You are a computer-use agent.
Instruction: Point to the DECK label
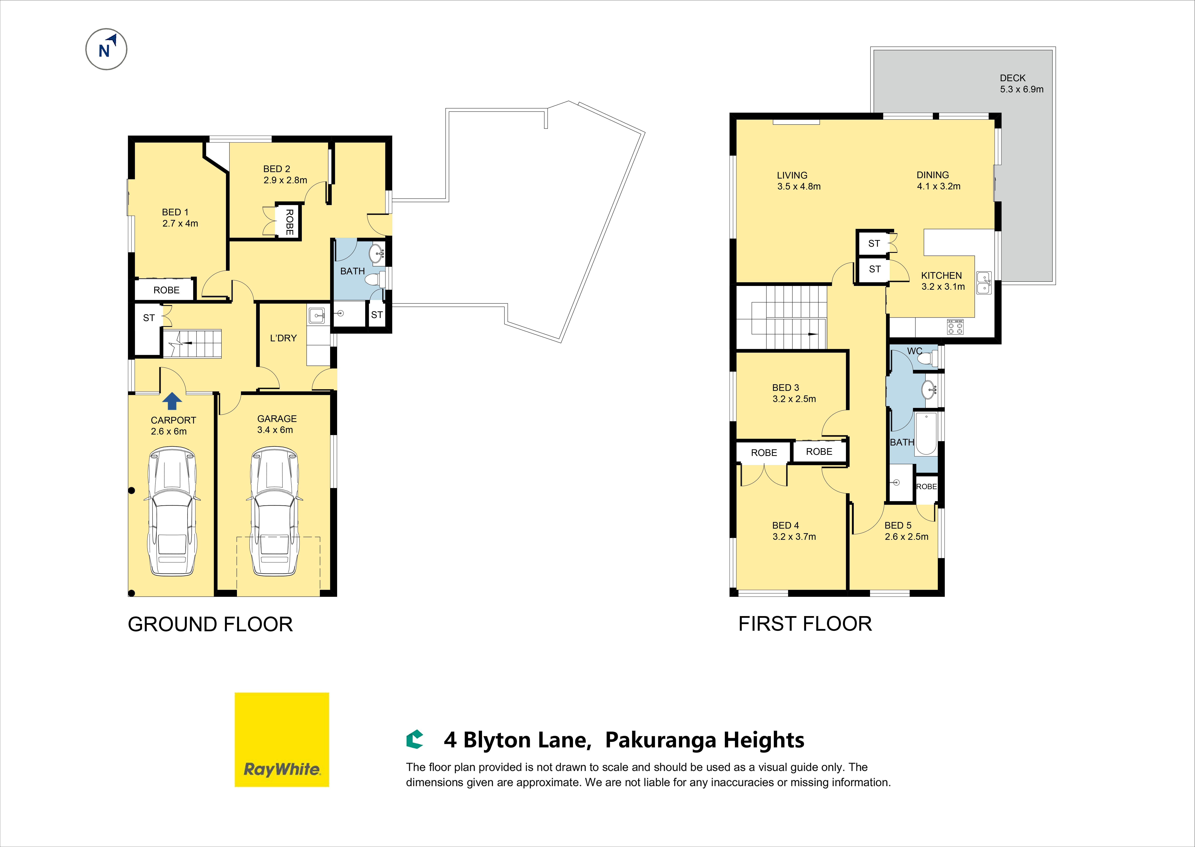click(x=1012, y=78)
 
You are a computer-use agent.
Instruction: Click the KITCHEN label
click(x=941, y=275)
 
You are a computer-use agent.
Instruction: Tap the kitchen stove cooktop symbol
click(x=955, y=327)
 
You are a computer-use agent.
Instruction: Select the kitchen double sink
click(x=984, y=283)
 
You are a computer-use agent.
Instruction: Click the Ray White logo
click(x=282, y=740)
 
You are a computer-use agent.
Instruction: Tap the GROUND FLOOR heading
click(x=210, y=624)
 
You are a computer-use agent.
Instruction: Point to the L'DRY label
click(x=283, y=338)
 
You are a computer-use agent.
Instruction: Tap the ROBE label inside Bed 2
click(x=289, y=222)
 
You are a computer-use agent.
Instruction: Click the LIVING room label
click(x=792, y=175)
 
